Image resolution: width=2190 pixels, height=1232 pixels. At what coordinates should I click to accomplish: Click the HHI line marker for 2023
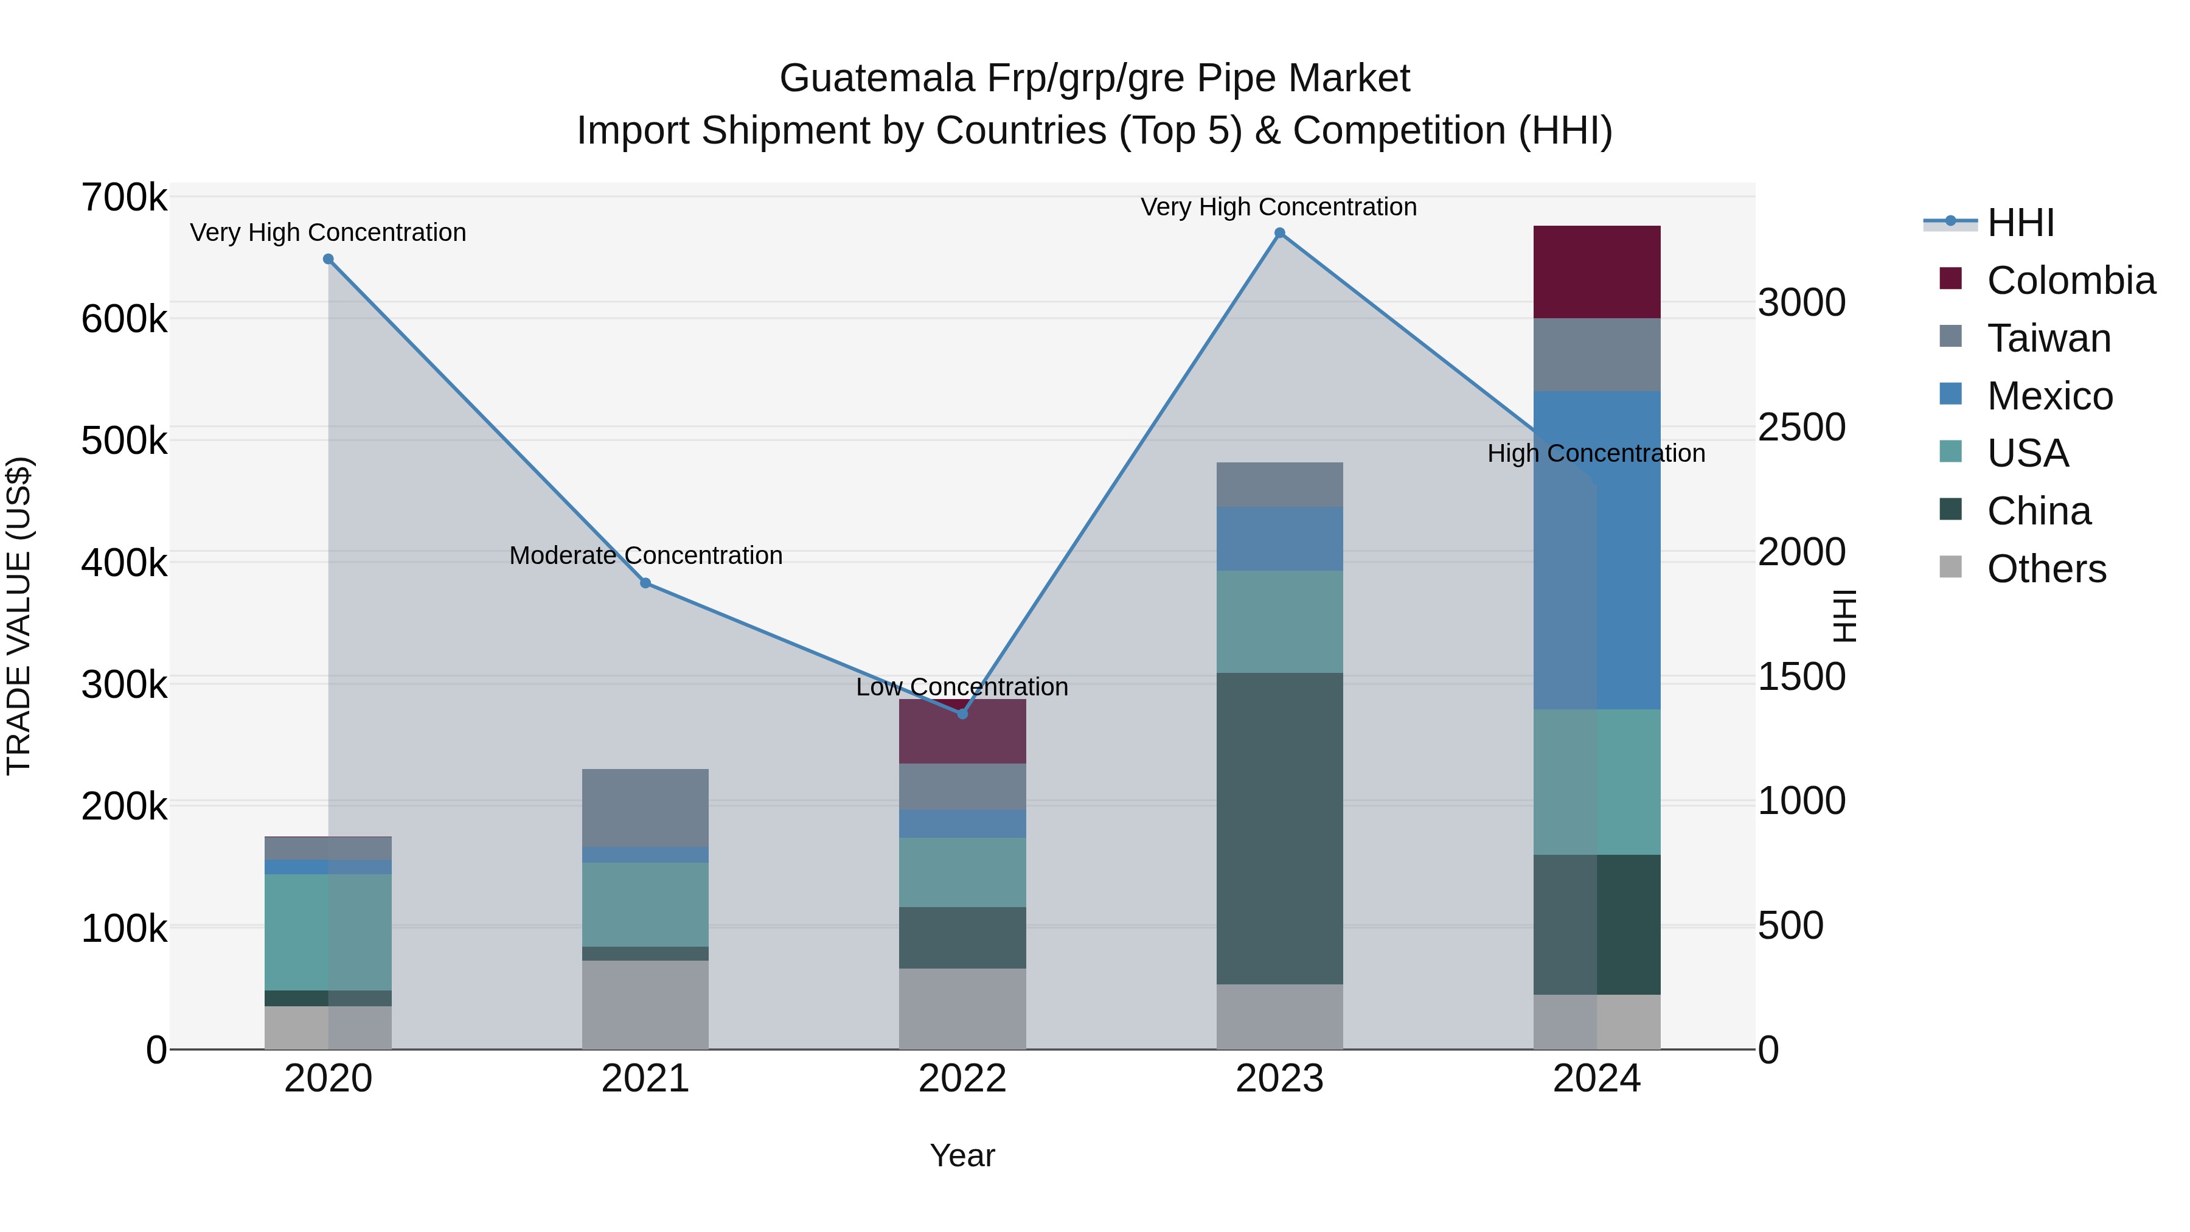pos(1279,233)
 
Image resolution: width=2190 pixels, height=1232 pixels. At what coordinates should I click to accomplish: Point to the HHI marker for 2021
pos(645,583)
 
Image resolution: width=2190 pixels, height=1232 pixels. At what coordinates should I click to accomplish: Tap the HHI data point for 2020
pos(328,259)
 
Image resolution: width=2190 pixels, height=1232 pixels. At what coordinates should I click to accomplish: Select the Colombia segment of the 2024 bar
pos(1597,272)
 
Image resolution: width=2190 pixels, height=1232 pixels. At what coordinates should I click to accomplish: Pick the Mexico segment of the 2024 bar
pos(1597,550)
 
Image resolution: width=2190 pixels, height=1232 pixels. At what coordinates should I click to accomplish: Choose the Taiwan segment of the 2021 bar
pos(645,808)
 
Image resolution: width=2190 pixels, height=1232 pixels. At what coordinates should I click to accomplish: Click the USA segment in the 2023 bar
pos(1279,622)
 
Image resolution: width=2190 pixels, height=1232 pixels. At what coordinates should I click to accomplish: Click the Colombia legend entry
pos(2070,280)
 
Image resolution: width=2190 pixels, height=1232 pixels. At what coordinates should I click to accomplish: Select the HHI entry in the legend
pos(2020,223)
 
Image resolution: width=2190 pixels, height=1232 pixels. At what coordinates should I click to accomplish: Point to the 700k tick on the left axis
pos(124,198)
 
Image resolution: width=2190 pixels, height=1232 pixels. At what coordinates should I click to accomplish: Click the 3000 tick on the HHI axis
pos(1801,303)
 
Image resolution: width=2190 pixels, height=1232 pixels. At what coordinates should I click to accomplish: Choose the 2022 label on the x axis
pos(962,1079)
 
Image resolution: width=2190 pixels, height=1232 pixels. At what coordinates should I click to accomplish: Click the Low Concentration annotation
pos(962,687)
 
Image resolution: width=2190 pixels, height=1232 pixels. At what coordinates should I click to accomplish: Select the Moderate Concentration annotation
pos(645,555)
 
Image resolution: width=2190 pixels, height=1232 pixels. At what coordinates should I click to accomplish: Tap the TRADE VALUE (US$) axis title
pos(19,616)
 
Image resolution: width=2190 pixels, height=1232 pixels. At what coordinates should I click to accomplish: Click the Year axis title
pos(962,1155)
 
